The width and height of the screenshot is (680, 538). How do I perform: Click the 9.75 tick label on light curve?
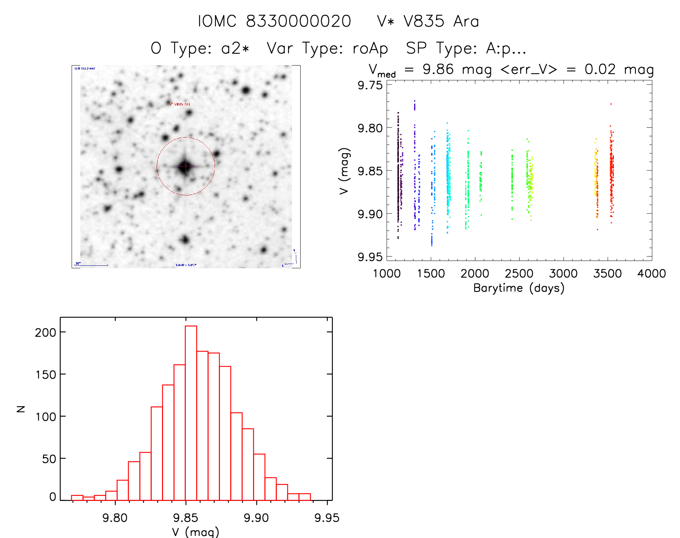tap(370, 85)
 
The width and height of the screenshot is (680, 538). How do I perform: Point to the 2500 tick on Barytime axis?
tap(519, 274)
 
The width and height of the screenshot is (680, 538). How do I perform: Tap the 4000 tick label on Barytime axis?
tap(652, 274)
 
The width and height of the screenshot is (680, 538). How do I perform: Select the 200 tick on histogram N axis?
tap(46, 332)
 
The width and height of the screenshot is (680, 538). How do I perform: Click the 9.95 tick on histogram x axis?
tap(327, 518)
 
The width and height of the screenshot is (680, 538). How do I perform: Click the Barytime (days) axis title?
tap(519, 288)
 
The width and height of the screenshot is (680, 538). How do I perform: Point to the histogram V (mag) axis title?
tap(195, 532)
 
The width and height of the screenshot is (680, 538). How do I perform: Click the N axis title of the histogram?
tap(21, 409)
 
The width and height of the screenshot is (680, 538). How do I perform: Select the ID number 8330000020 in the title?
tap(298, 21)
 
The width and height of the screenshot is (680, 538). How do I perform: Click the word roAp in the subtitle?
tap(370, 48)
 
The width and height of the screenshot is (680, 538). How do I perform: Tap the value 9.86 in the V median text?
tap(438, 69)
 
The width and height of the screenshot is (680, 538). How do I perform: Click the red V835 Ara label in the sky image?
tap(180, 104)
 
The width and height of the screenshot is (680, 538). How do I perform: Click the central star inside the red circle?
tap(185, 166)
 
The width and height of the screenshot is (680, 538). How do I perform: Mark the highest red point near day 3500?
tap(611, 104)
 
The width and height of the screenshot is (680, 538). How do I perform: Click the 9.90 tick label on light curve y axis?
tap(370, 214)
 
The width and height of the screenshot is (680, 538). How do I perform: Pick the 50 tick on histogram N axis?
tap(49, 459)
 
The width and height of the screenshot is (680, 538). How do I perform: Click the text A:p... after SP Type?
tap(506, 48)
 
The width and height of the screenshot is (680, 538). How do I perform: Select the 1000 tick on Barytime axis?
tap(387, 274)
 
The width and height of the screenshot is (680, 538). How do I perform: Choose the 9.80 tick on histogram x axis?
tap(115, 518)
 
